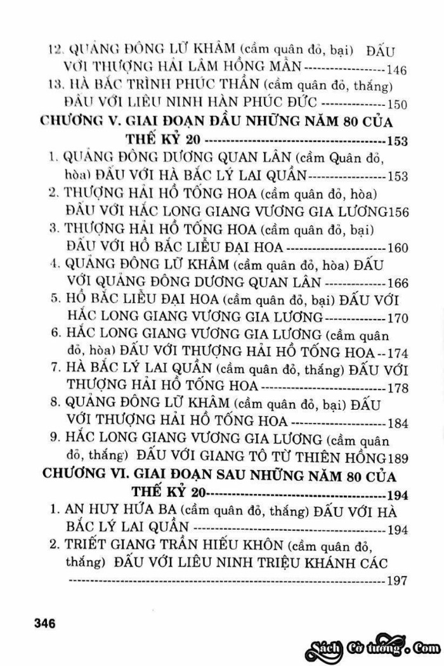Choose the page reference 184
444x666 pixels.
tap(396, 423)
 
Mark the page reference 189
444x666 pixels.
tap(396, 458)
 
